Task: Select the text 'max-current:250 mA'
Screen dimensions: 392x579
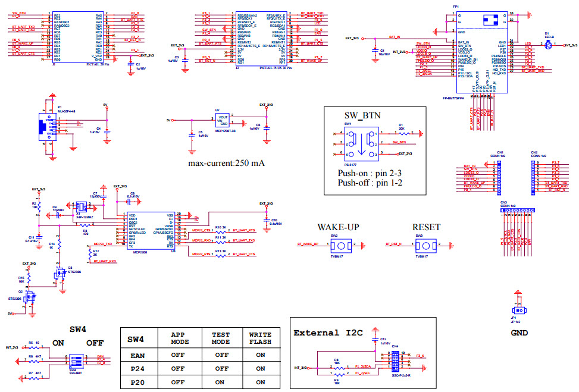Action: (226, 163)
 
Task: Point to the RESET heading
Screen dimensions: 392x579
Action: (426, 227)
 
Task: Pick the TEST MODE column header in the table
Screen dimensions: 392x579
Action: (221, 338)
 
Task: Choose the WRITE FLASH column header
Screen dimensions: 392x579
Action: (260, 338)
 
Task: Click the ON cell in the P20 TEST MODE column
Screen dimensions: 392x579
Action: (221, 382)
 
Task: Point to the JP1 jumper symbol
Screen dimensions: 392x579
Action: (519, 311)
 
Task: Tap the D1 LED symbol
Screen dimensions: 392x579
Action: (548, 45)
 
